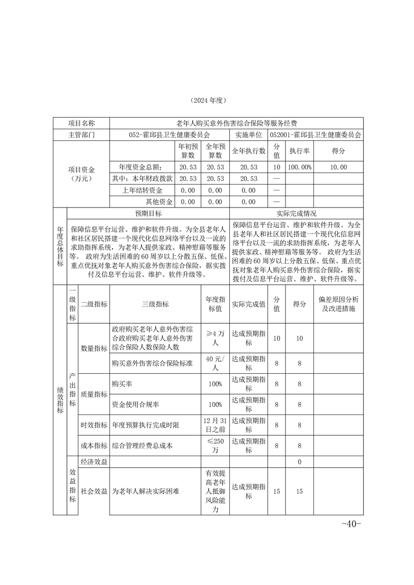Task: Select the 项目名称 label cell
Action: click(81, 123)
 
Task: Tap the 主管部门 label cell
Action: click(81, 135)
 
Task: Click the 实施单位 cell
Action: click(249, 135)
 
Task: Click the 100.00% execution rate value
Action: click(300, 167)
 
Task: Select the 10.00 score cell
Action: click(338, 167)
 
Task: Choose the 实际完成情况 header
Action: click(296, 213)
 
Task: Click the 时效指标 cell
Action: click(94, 425)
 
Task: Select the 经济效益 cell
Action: click(94, 461)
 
